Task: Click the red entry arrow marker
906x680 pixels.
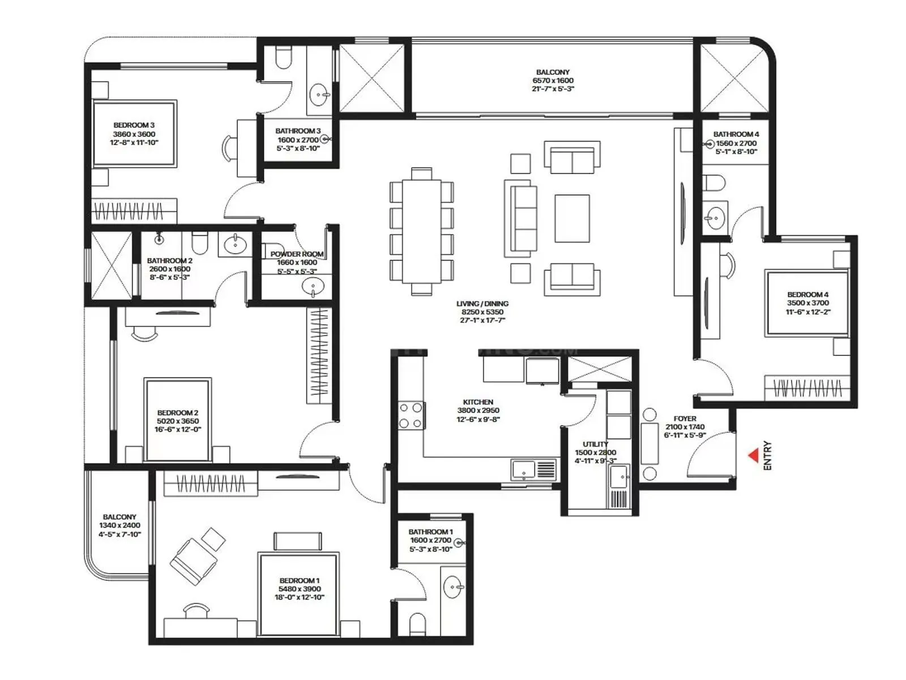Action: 754,455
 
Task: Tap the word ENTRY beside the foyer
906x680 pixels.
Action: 767,455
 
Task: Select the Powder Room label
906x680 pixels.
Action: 297,254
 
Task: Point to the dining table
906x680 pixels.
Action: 422,231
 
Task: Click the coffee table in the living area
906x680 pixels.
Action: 572,218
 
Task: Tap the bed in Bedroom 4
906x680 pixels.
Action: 807,303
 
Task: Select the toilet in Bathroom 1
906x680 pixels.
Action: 417,623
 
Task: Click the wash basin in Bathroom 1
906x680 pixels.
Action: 453,586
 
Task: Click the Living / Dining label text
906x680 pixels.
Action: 482,304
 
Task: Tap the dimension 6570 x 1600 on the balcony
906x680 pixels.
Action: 553,80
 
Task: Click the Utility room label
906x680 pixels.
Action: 595,444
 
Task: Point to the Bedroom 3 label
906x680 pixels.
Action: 134,125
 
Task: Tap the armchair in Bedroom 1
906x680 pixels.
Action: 194,560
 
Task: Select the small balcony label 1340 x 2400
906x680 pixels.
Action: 119,525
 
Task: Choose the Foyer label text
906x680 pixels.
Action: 685,419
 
